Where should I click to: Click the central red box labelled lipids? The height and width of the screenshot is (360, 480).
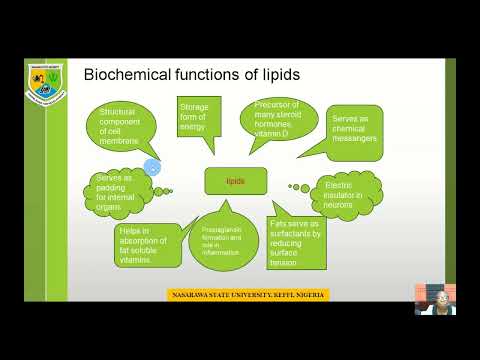point(235,181)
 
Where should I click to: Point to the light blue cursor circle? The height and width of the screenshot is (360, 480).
point(152,167)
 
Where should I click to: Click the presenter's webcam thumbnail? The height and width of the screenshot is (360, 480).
point(436,297)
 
